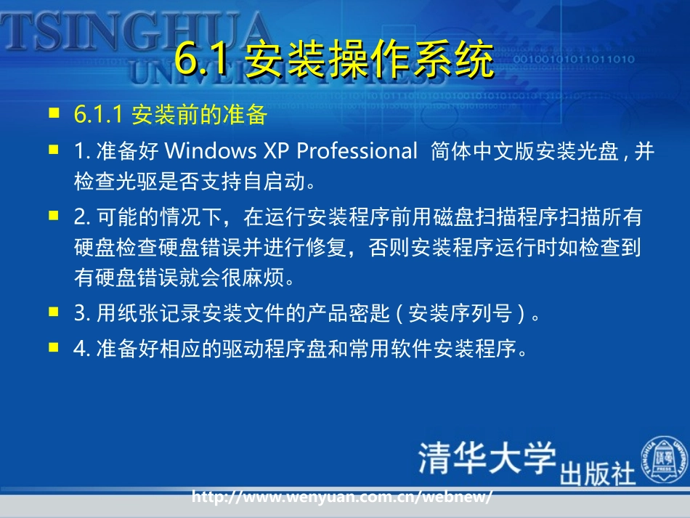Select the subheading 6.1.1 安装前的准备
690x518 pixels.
pyautogui.click(x=171, y=115)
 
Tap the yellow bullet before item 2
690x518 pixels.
pyautogui.click(x=53, y=215)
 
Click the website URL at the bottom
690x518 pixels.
pyautogui.click(x=342, y=497)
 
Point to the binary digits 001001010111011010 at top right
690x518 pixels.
pyautogui.click(x=573, y=59)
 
